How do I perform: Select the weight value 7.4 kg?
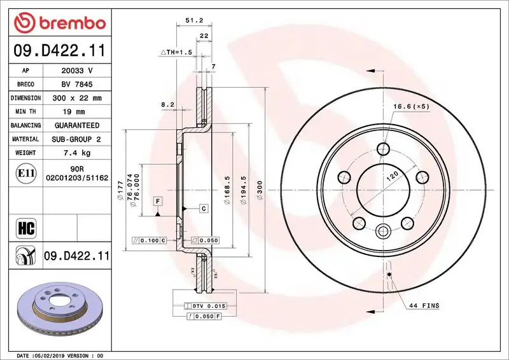point(76,153)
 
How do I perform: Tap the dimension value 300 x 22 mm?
point(76,98)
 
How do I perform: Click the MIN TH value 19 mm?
point(76,112)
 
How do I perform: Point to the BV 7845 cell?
point(76,84)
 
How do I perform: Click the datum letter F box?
point(156,201)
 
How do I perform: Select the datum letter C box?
point(204,208)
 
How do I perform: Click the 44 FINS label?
point(424,306)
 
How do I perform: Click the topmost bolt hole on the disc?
point(382,149)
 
